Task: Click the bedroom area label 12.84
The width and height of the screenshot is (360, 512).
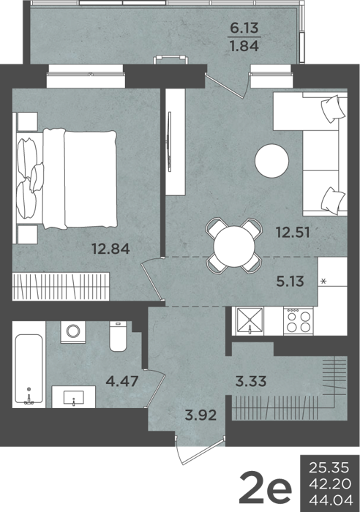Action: [110, 249]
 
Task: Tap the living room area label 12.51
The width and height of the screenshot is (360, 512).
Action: [293, 233]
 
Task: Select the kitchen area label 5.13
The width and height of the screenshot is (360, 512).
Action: [290, 281]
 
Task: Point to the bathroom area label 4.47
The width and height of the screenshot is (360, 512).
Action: [122, 381]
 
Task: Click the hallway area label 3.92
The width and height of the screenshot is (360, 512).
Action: [200, 415]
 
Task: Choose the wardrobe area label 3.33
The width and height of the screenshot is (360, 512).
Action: [251, 381]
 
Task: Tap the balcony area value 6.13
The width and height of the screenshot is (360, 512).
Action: [244, 28]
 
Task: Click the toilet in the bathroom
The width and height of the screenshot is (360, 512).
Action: [118, 336]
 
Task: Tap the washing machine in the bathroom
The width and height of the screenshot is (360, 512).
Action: [73, 332]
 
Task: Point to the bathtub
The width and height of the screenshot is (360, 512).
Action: [29, 369]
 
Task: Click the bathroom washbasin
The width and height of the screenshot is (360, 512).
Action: [74, 397]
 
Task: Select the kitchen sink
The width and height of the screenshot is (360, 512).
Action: [250, 320]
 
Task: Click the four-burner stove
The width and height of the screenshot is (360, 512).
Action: [299, 321]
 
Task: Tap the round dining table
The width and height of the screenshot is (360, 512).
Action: [234, 246]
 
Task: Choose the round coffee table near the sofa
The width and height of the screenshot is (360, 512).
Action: [271, 161]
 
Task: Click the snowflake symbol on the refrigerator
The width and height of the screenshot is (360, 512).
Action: [323, 281]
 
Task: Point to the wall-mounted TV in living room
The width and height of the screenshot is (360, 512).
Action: [169, 142]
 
